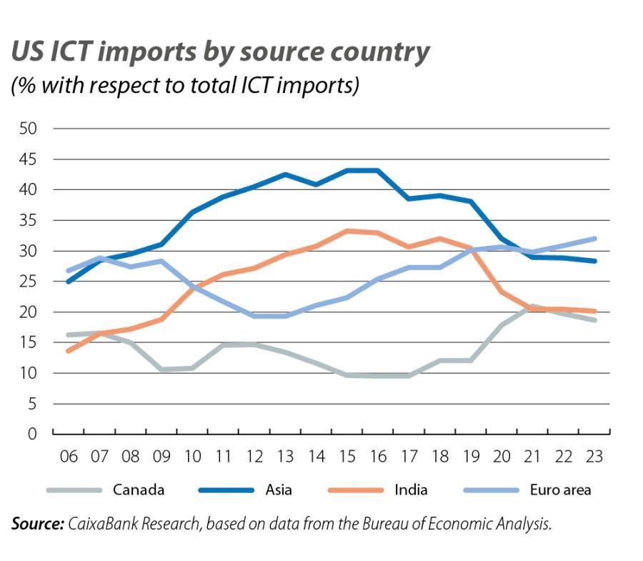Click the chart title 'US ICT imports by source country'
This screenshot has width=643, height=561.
tap(220, 51)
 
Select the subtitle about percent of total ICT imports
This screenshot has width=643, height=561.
tap(184, 85)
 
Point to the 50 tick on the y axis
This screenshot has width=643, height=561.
tap(29, 129)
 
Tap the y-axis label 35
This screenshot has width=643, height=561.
tap(29, 221)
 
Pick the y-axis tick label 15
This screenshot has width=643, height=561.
tap(29, 343)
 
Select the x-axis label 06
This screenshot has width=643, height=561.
tap(69, 457)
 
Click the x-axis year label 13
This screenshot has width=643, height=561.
tap(285, 457)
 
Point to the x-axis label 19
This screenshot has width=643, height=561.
tap(471, 457)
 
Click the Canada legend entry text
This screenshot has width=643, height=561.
tap(139, 490)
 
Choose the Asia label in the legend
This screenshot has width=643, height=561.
tap(279, 490)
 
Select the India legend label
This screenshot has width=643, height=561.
tap(411, 490)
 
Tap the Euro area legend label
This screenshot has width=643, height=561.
tap(561, 490)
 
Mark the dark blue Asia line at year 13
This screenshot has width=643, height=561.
tap(285, 174)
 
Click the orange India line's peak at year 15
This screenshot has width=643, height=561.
tap(347, 231)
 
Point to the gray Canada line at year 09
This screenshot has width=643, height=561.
tap(161, 369)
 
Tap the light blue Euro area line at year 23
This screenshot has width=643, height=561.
tap(594, 239)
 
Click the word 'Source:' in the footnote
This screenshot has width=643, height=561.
tap(37, 525)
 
